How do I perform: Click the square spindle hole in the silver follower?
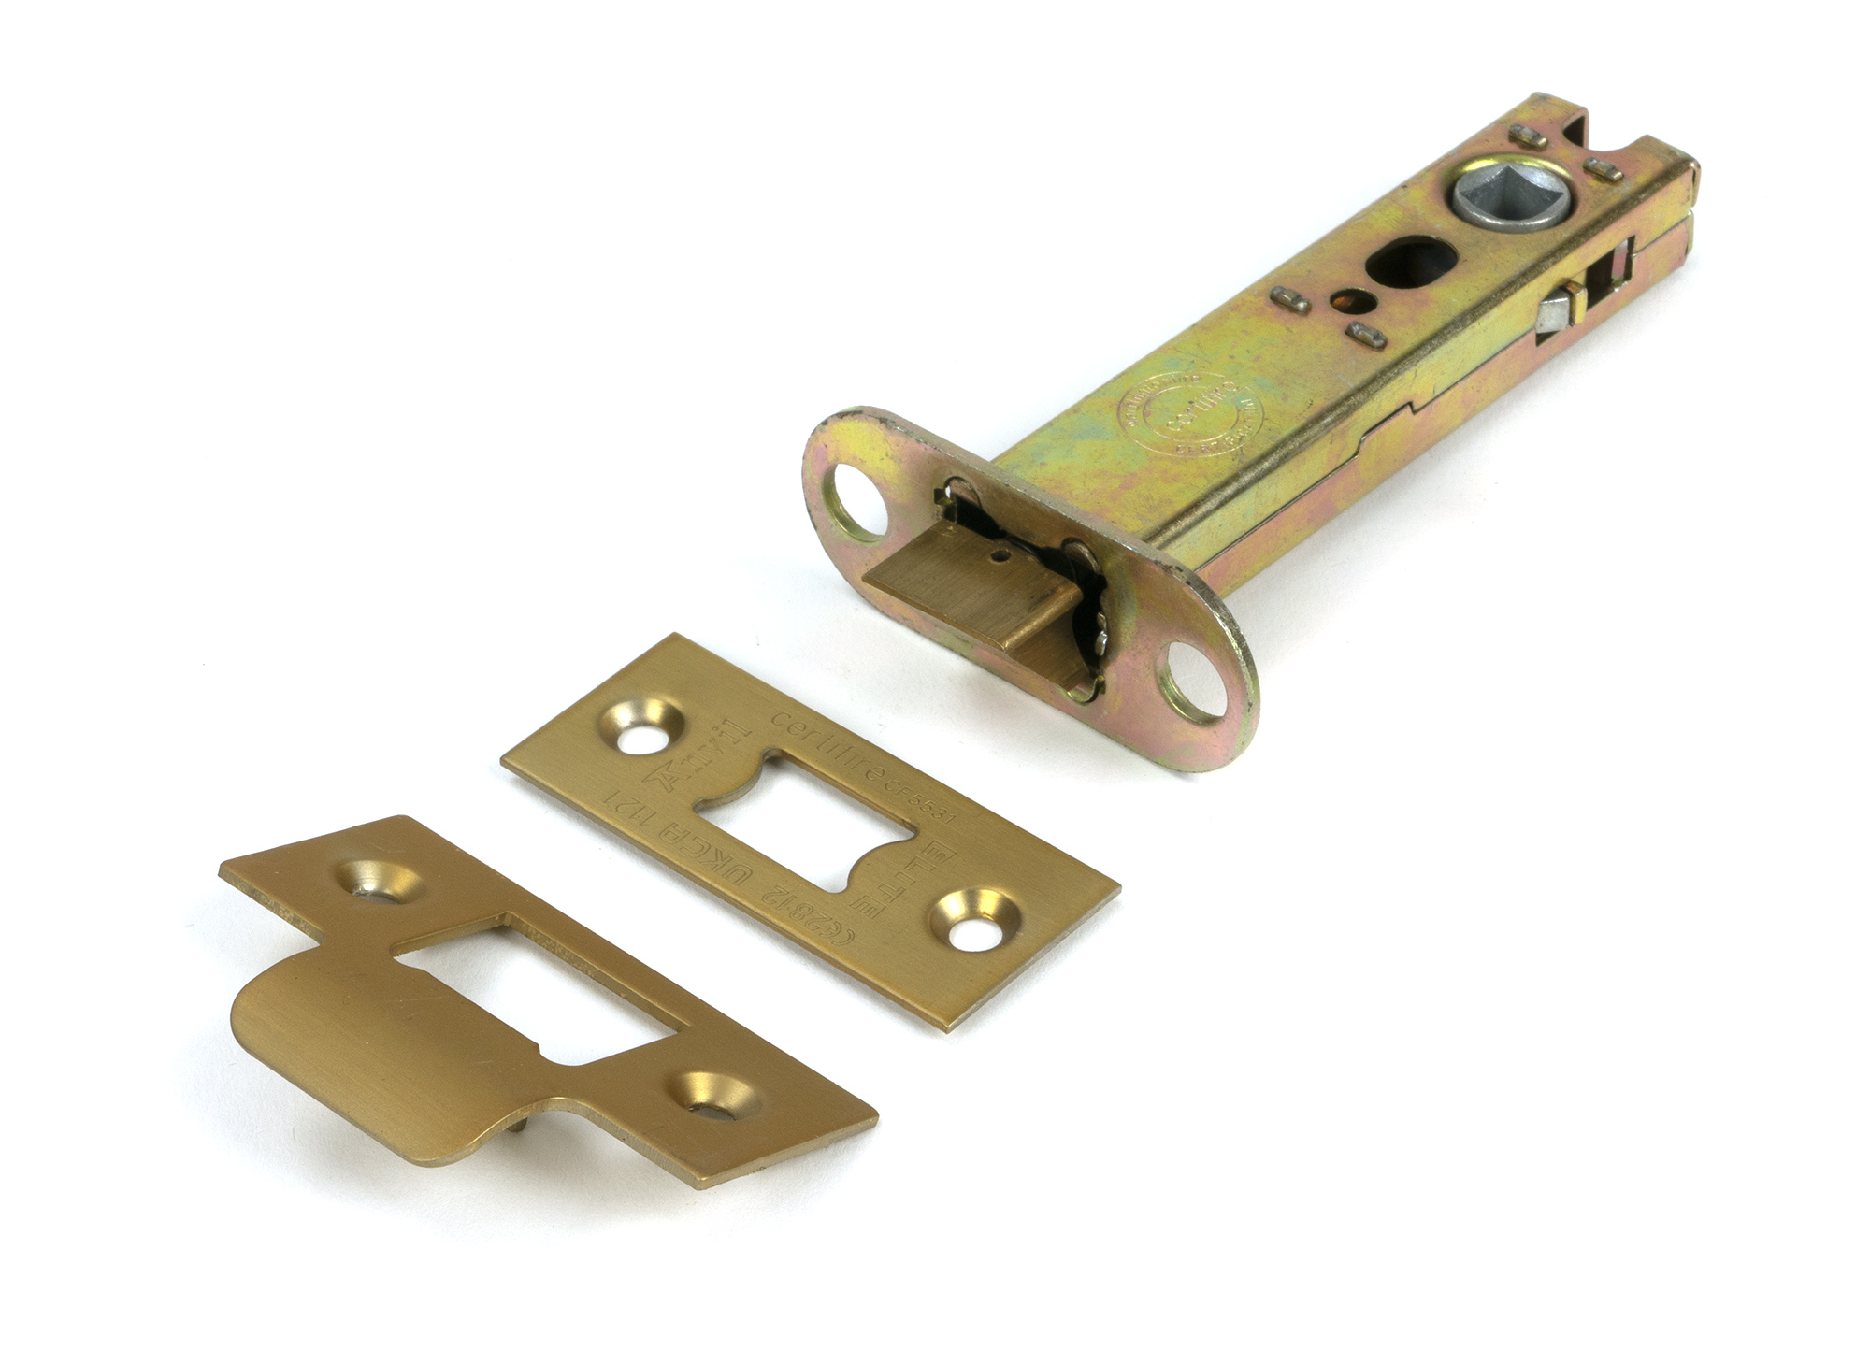(x=1511, y=194)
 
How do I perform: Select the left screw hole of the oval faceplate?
(x=856, y=501)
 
